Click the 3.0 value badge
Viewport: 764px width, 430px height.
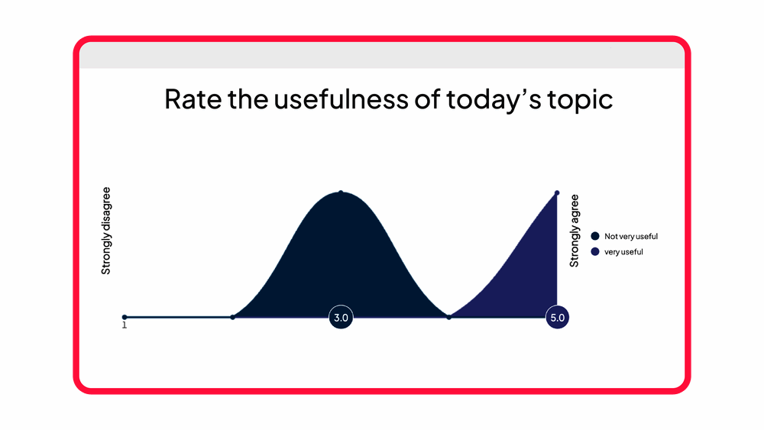pyautogui.click(x=341, y=318)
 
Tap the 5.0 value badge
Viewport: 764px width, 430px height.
pyautogui.click(x=558, y=318)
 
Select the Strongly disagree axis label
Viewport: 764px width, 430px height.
pyautogui.click(x=105, y=231)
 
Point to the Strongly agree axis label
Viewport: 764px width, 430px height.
pyautogui.click(x=575, y=231)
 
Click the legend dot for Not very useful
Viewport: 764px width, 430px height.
pyautogui.click(x=595, y=236)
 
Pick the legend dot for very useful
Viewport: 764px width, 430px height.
pyautogui.click(x=595, y=252)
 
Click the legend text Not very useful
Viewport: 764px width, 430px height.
pyautogui.click(x=631, y=236)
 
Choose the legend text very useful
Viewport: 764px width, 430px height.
pyautogui.click(x=623, y=252)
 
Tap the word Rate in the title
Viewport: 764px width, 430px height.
pyautogui.click(x=193, y=99)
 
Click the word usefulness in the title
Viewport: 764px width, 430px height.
pyautogui.click(x=341, y=99)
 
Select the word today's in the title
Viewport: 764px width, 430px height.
pyautogui.click(x=493, y=99)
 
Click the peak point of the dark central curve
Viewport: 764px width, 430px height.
pyautogui.click(x=341, y=192)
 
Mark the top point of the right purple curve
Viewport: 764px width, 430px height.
pyautogui.click(x=557, y=192)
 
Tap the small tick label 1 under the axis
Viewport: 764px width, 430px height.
pyautogui.click(x=125, y=325)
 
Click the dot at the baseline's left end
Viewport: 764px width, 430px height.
pyautogui.click(x=125, y=317)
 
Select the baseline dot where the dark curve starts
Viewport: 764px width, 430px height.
pyautogui.click(x=233, y=317)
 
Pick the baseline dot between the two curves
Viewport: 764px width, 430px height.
pyautogui.click(x=448, y=317)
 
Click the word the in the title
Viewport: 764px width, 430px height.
pyautogui.click(x=248, y=99)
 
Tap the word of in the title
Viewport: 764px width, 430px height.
pyautogui.click(x=427, y=99)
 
